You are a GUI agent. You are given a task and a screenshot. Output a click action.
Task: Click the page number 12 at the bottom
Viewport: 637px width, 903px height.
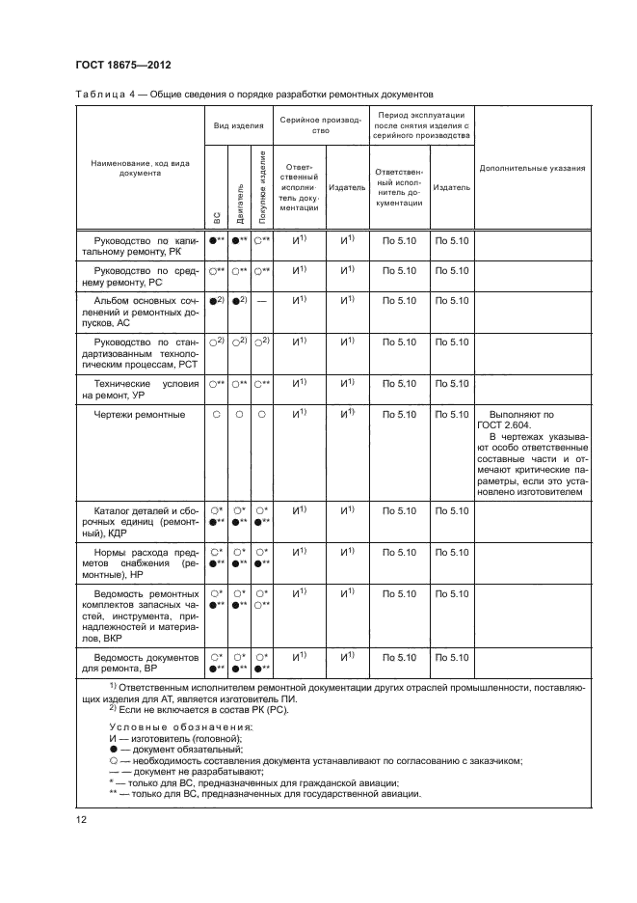point(81,820)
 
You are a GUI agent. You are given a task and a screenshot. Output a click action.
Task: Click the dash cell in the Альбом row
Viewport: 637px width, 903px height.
point(262,302)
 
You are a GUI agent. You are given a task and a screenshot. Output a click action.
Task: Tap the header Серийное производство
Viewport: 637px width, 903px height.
point(321,126)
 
